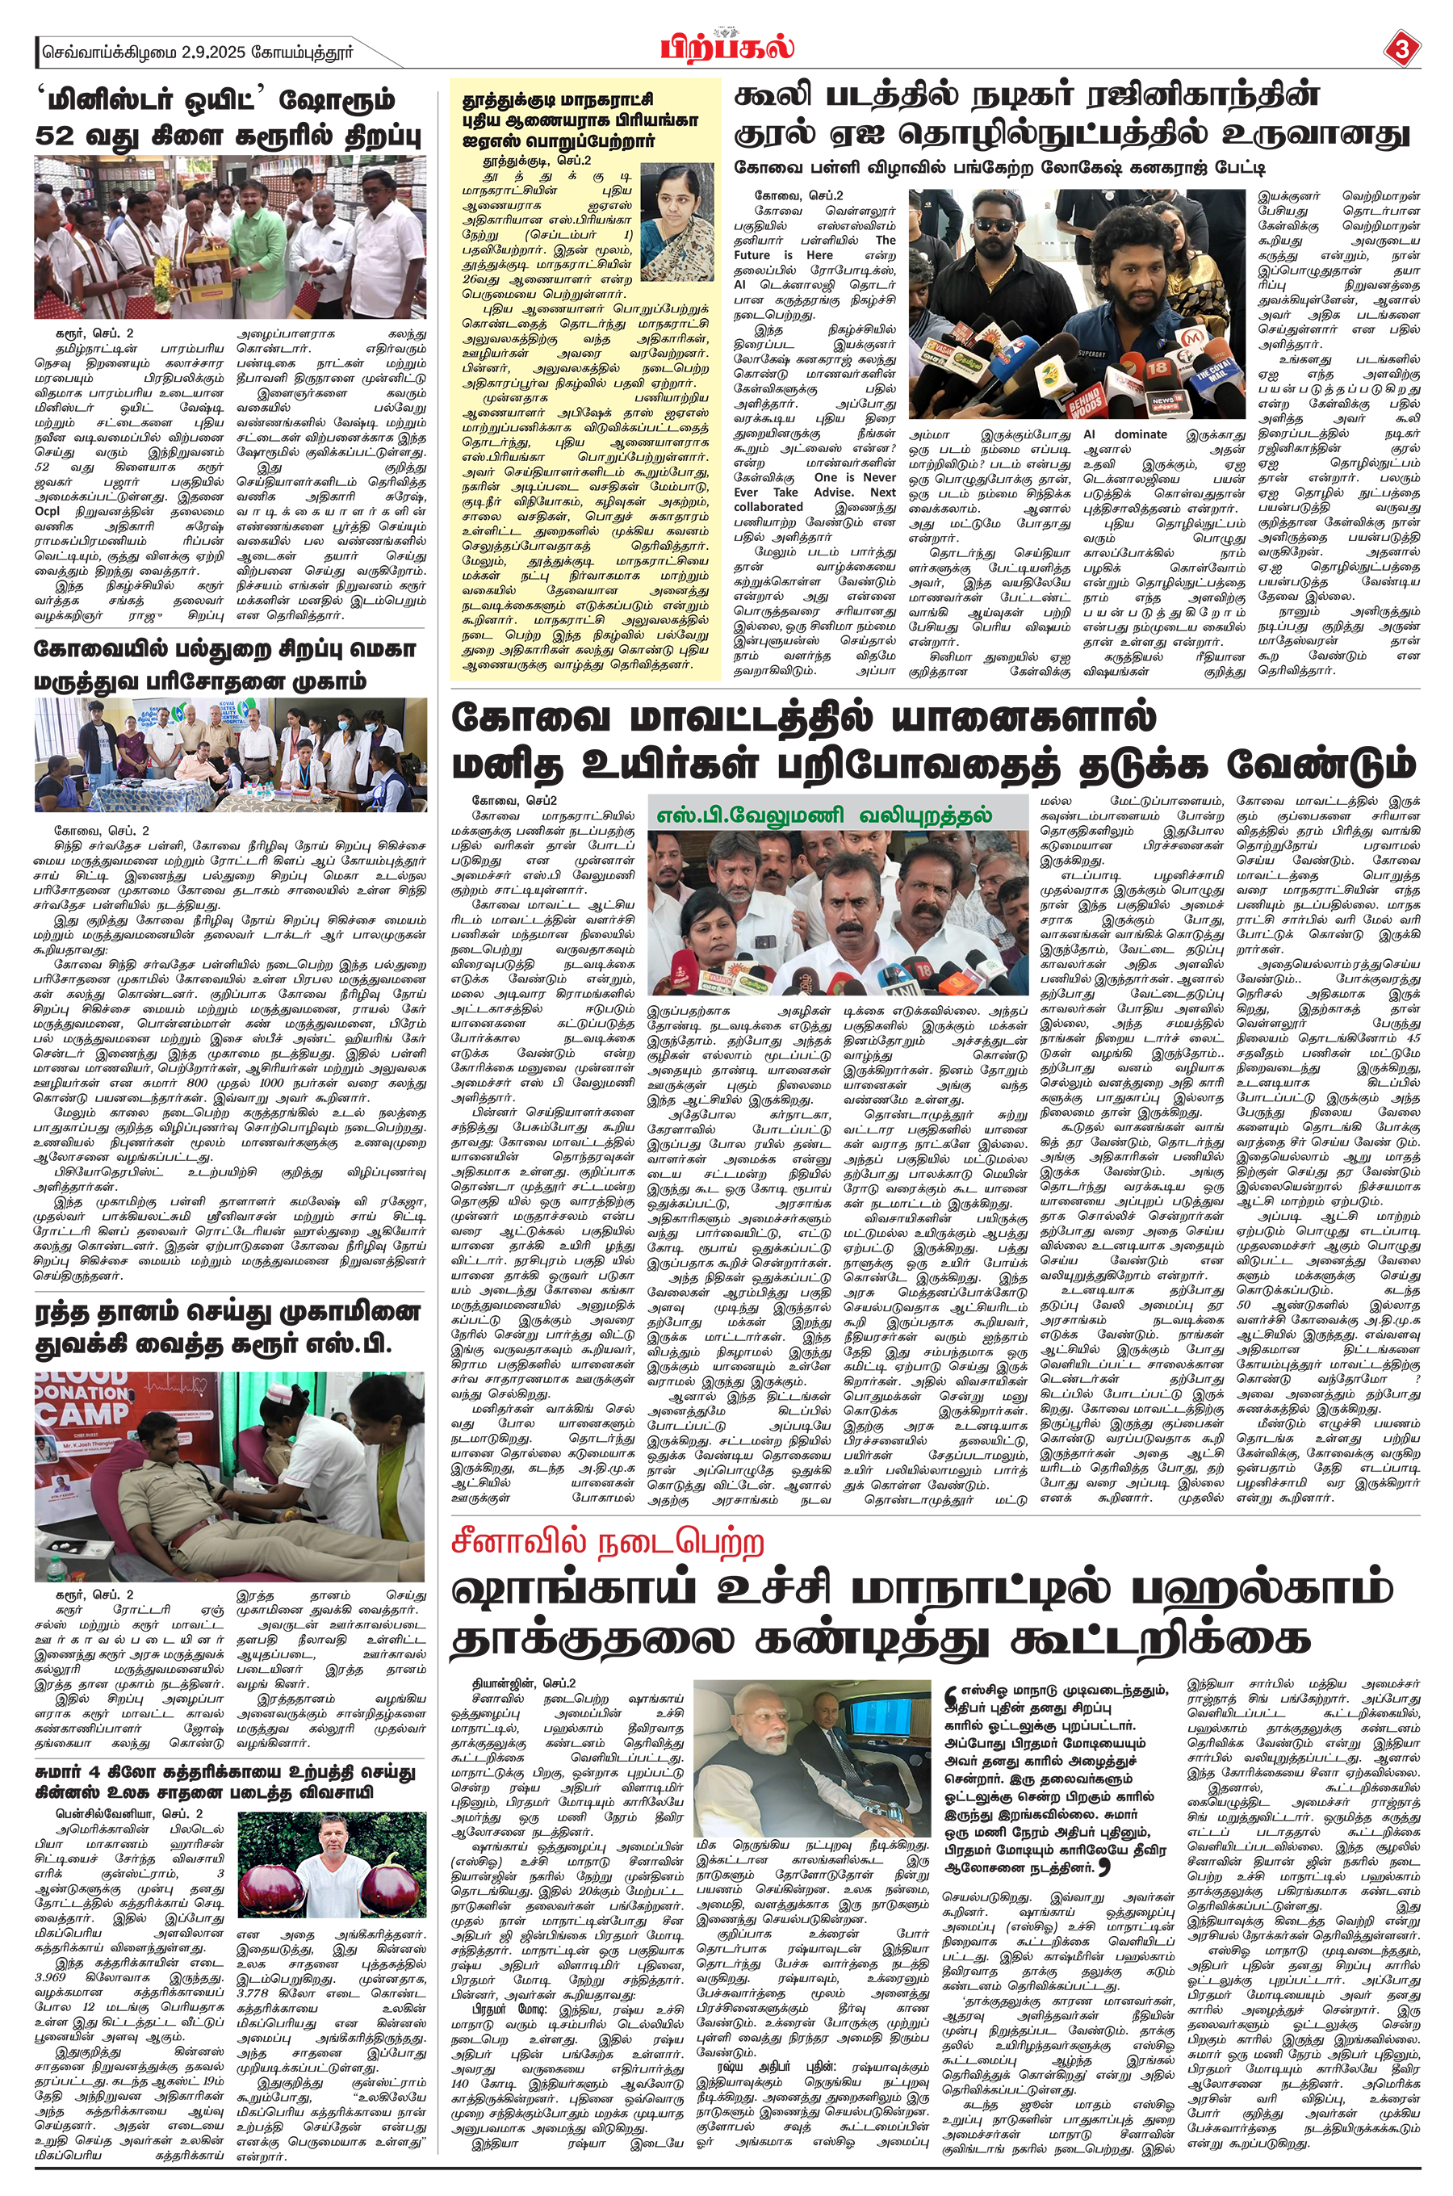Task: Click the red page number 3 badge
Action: click(1399, 49)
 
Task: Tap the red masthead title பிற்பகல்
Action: click(727, 46)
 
